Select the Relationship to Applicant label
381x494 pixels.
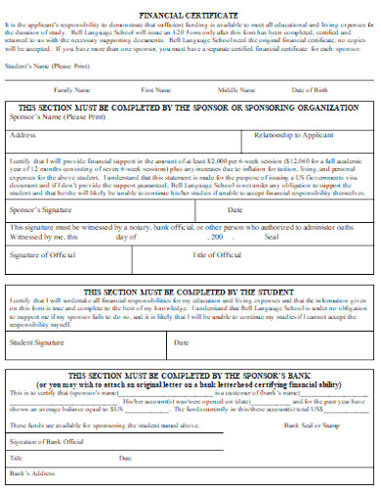click(x=292, y=134)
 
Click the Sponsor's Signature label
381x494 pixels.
click(x=41, y=209)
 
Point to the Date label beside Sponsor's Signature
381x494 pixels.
click(x=234, y=209)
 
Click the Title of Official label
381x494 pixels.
click(x=218, y=254)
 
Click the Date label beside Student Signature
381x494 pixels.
click(x=182, y=342)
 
